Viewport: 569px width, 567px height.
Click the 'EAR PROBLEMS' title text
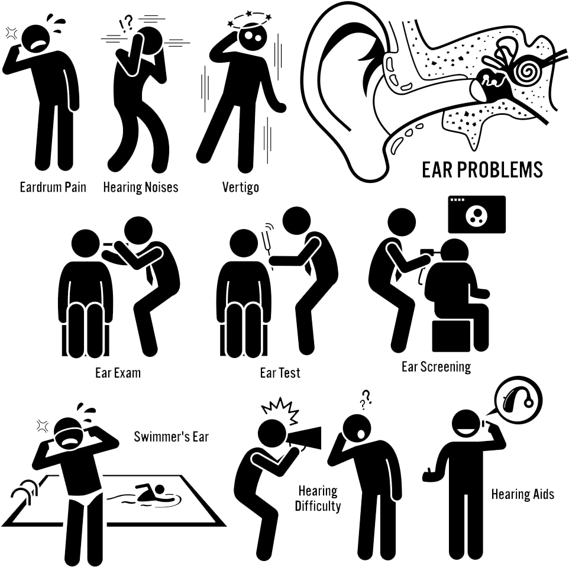click(x=482, y=170)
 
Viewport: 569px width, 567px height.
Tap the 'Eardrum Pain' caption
click(x=53, y=188)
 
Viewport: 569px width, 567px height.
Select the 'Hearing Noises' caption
click(x=141, y=188)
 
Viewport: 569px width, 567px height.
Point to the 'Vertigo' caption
click(x=241, y=188)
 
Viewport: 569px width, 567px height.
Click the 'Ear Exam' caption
click(x=118, y=373)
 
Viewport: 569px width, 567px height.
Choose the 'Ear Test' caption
click(x=280, y=373)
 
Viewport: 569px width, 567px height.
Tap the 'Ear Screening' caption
click(x=436, y=367)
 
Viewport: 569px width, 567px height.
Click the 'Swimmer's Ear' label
click(x=172, y=437)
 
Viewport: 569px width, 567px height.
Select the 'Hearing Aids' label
click(x=522, y=494)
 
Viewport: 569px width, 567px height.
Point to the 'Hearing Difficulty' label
click(x=318, y=498)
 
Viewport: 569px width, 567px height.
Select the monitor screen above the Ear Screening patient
click(x=477, y=214)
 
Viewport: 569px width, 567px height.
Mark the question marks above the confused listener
click(x=366, y=398)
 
